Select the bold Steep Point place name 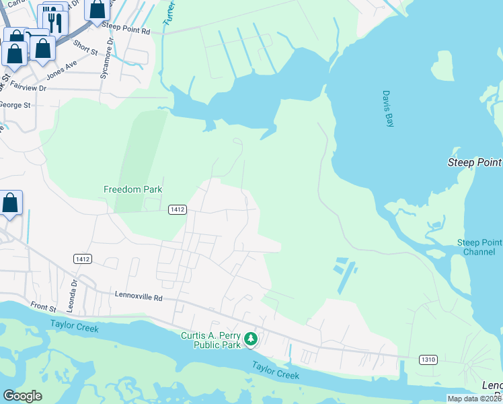[x=475, y=162]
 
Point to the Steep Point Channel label [x=479, y=247]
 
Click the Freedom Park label [x=133, y=190]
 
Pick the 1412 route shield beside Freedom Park [x=177, y=209]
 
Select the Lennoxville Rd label [x=139, y=297]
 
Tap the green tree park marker [x=251, y=339]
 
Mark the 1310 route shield [x=428, y=360]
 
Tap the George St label [x=15, y=105]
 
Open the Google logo [x=22, y=396]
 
